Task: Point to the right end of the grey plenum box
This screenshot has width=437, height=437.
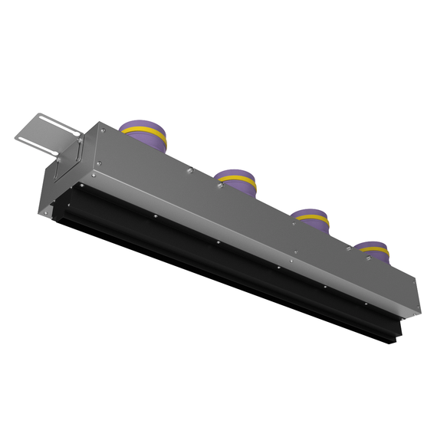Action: pyautogui.click(x=415, y=295)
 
